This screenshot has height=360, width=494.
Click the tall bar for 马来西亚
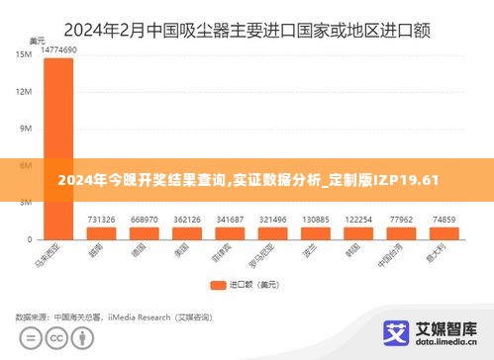[57, 147]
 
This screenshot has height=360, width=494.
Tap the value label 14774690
[57, 49]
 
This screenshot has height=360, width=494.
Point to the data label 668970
[144, 220]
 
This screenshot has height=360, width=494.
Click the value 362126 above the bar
[187, 220]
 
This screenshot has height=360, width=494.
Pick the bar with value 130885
[316, 233]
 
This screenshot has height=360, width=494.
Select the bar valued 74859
[445, 233]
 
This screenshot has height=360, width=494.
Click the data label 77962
[401, 220]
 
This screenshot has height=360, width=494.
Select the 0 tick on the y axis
[30, 238]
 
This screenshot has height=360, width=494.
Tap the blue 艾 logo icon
[396, 331]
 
